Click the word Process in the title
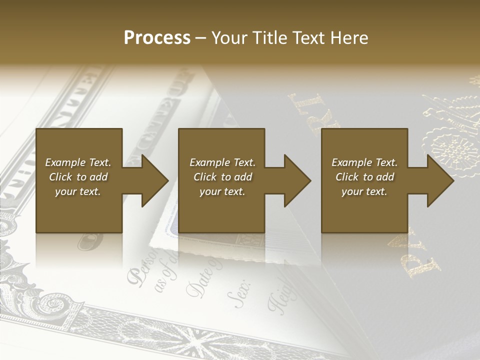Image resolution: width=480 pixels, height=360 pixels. (157, 38)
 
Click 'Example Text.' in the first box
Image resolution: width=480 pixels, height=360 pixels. (78, 162)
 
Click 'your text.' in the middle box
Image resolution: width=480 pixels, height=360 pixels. (222, 191)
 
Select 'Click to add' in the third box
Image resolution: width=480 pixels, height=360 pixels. (364, 177)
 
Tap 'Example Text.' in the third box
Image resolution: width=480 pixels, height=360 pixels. (364, 162)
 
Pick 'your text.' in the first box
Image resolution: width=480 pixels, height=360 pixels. (78, 191)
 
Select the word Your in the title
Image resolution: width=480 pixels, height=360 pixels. (230, 38)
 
